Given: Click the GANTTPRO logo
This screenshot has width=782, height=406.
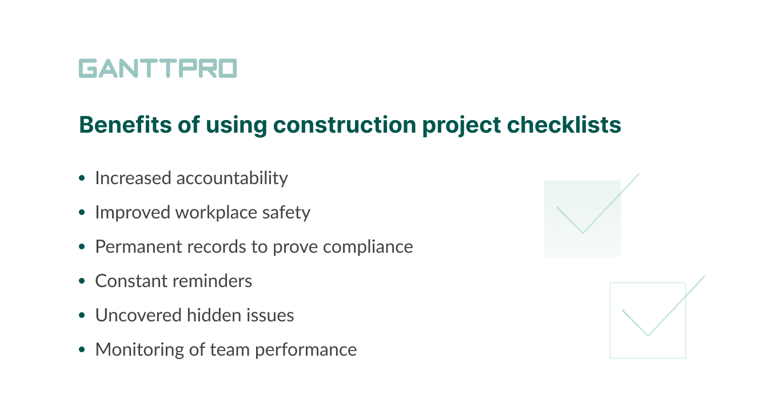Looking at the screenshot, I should (x=158, y=68).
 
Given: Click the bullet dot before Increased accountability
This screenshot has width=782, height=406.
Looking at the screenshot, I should (x=83, y=178).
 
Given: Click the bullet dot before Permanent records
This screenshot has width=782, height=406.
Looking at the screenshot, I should (x=83, y=247).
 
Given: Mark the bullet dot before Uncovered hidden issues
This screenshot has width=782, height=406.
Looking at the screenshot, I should (x=83, y=316).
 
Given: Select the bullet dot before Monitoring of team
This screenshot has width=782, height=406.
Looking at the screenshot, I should (x=83, y=349).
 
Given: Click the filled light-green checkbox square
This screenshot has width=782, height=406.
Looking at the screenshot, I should (x=582, y=218).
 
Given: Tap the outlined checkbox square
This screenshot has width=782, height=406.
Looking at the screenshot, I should (x=647, y=320).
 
